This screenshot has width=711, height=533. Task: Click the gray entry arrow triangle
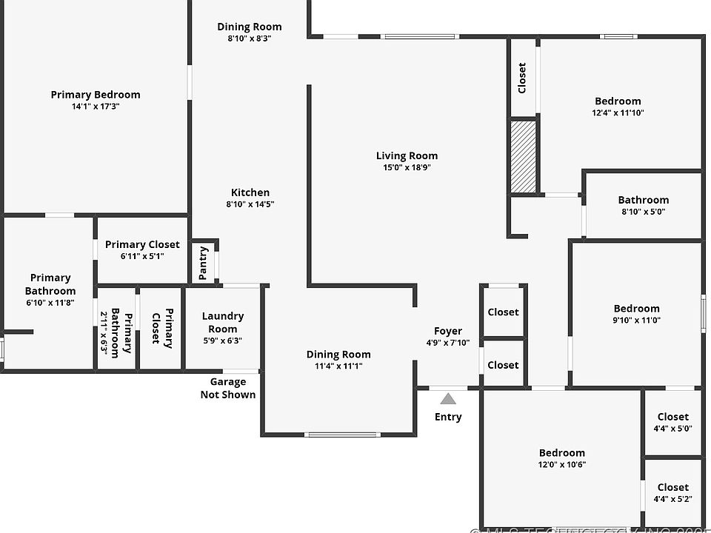coord(448,399)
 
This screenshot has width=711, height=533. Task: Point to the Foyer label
coord(448,331)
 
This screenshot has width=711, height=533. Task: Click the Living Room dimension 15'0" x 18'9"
coord(407,167)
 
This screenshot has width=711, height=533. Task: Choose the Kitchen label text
coord(250,192)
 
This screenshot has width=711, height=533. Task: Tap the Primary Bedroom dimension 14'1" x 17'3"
coord(96,106)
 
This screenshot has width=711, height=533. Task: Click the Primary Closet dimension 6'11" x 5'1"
coord(142,256)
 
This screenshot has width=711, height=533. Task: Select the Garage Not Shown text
coord(228,388)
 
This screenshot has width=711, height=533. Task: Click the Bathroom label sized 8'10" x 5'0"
coord(644,200)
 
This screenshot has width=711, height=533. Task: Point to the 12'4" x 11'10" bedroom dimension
coord(618,113)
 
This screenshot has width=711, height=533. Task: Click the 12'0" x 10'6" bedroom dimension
coord(561,465)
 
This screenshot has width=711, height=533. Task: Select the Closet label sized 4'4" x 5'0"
coord(672,417)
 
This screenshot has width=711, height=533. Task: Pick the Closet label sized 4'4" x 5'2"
coord(672,487)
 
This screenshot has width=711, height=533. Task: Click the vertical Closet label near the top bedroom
coord(522,77)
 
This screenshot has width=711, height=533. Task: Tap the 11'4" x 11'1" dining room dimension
coord(338,366)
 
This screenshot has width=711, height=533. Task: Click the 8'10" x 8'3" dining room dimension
coord(250,38)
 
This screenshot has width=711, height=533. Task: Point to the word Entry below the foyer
coord(448,417)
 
